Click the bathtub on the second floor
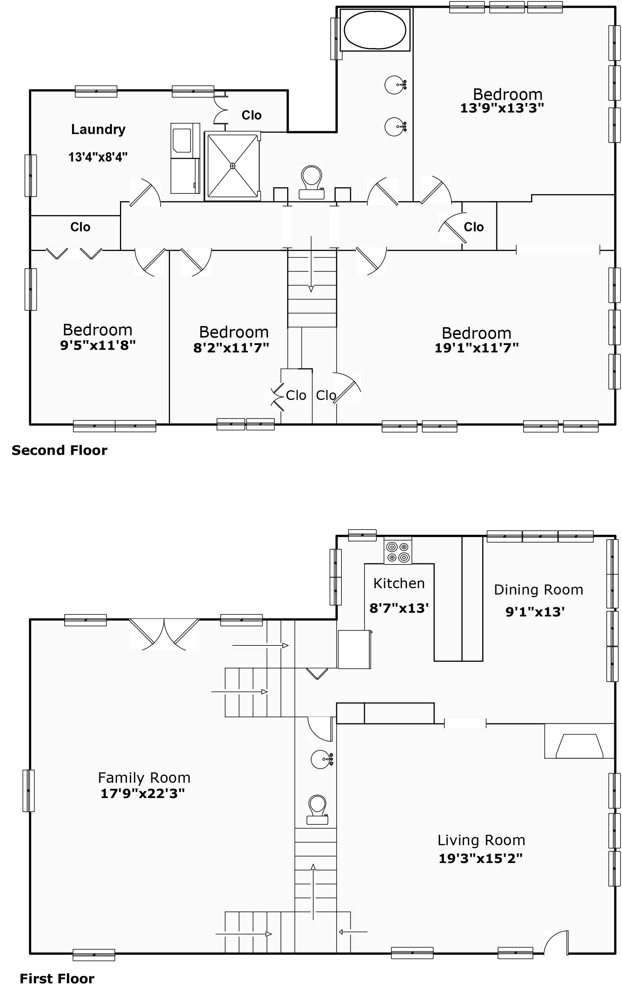[x=375, y=30]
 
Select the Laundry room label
[x=98, y=130]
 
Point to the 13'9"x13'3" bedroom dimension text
[x=502, y=108]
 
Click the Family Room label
[x=145, y=778]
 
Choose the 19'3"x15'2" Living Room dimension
[x=480, y=858]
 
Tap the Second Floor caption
[x=60, y=450]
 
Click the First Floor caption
[x=57, y=978]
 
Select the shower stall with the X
[x=233, y=166]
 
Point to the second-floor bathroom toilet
[x=311, y=182]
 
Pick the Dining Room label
[x=538, y=590]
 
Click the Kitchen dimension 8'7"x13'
[x=399, y=608]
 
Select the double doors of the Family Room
[x=164, y=634]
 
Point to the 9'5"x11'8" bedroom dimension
[x=98, y=345]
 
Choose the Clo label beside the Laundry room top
[x=251, y=115]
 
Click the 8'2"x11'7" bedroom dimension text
[x=231, y=348]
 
